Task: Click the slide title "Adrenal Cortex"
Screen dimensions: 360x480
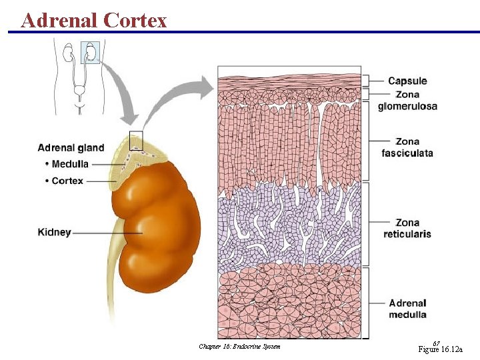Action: (94, 20)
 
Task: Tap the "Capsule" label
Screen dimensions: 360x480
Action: (407, 81)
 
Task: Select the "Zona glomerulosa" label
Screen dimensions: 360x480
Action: (407, 100)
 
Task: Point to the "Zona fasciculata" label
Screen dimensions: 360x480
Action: (407, 147)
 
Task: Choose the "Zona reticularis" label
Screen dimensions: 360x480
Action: (407, 228)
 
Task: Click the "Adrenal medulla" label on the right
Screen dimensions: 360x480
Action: (407, 309)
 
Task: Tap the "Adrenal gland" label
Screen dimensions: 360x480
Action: (71, 147)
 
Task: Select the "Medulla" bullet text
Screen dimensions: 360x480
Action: (70, 164)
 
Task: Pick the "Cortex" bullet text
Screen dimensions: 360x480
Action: (67, 181)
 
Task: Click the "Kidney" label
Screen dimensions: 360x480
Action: (54, 233)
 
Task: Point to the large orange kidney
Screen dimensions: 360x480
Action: (159, 227)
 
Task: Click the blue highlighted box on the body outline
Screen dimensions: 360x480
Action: (90, 52)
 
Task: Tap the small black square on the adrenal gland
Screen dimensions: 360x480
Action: (136, 140)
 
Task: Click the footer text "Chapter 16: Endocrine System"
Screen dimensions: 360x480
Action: (239, 346)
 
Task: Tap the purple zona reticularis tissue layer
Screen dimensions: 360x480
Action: (291, 227)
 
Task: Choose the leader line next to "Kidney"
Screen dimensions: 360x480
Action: (107, 233)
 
